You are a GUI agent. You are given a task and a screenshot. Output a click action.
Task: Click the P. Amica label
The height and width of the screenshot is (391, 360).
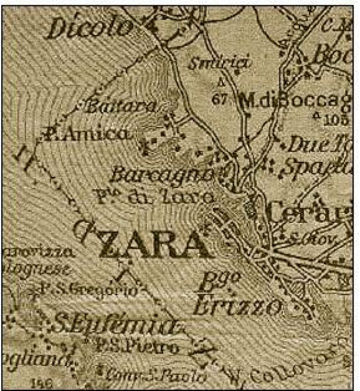[x=87, y=135]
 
